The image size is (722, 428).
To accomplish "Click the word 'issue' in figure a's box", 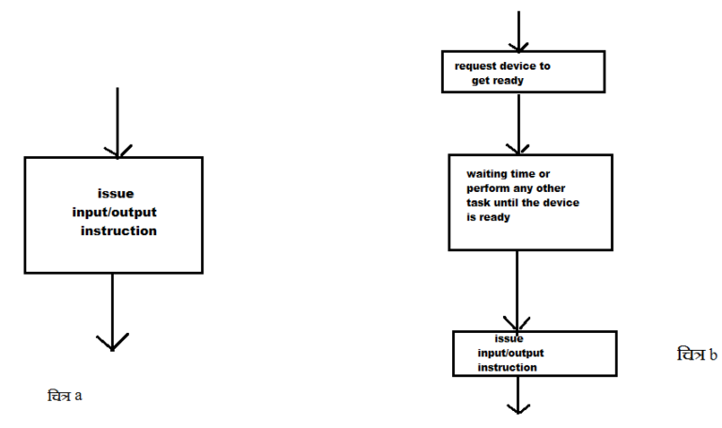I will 116,194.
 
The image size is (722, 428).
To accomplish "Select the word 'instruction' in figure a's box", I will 118,230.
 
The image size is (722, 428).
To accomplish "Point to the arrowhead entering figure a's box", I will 117,151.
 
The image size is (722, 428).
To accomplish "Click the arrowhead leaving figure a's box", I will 112,341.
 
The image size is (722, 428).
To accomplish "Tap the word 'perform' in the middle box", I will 489,189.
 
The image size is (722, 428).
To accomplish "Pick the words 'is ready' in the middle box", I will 488,217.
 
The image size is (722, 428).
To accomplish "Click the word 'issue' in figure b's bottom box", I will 509,339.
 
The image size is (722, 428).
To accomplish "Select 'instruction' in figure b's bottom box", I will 507,367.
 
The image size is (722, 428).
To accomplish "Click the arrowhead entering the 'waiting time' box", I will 517,148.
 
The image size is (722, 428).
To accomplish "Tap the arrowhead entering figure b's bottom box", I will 518,324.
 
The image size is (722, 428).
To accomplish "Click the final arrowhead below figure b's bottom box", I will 518,407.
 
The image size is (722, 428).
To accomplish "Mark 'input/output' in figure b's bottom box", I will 510,353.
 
